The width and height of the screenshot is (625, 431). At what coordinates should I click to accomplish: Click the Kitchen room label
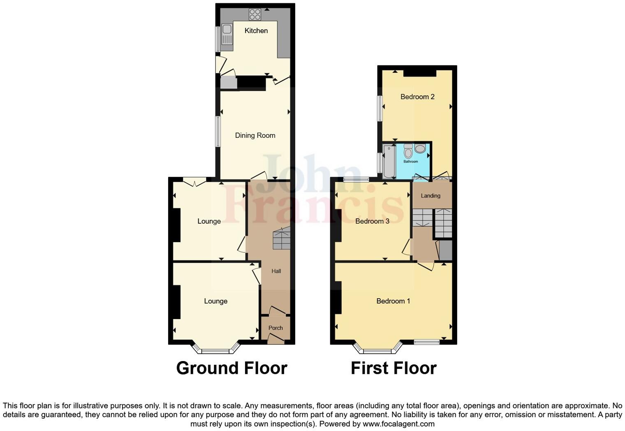256,30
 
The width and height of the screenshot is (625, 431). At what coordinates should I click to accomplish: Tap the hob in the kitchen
255,14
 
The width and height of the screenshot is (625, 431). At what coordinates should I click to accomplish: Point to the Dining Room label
255,135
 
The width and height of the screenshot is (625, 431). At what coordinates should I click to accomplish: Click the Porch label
275,328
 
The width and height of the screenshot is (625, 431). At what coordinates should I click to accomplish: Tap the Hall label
276,271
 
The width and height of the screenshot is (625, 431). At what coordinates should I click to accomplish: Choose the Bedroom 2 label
417,97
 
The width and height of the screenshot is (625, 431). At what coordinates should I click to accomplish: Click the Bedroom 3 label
372,221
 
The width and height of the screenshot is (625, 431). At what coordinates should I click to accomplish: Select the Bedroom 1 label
393,301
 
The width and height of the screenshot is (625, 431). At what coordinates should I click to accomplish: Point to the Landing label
431,196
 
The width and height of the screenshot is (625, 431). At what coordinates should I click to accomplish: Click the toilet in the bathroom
408,152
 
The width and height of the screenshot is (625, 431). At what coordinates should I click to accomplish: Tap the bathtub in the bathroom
389,161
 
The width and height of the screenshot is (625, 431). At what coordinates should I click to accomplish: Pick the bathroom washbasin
420,148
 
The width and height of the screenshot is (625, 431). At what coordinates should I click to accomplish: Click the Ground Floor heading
231,368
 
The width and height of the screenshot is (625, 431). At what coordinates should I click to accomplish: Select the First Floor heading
394,368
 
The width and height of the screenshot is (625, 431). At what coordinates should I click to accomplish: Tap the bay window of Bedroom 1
377,350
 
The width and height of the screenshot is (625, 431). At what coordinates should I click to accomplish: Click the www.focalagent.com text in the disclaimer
398,424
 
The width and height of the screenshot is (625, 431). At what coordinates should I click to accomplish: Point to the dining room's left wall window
218,131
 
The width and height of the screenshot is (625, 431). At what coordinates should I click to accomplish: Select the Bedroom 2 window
380,109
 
